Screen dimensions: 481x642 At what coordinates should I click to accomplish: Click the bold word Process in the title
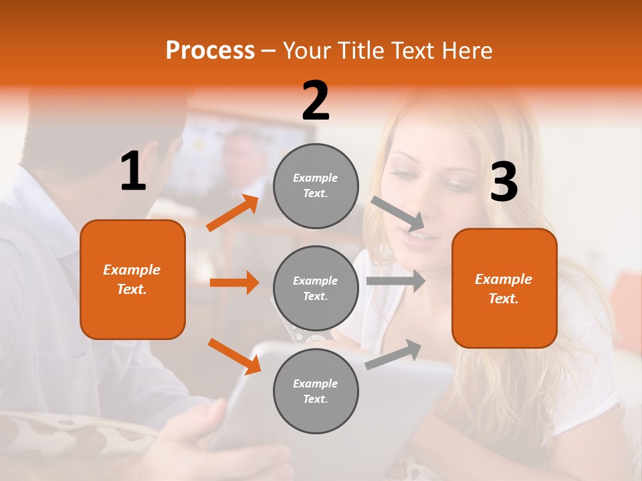[x=210, y=50]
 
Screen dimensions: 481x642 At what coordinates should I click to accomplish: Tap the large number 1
[x=133, y=172]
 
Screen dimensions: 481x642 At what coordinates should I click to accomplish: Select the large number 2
[x=316, y=101]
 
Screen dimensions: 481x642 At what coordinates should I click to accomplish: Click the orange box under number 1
[x=132, y=279]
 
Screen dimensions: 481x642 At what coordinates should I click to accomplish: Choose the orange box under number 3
[x=504, y=288]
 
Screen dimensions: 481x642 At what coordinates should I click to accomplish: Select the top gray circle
[x=316, y=186]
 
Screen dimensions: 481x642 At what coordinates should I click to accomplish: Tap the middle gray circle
[x=316, y=289]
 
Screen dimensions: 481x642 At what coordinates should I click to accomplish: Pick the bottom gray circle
[x=316, y=391]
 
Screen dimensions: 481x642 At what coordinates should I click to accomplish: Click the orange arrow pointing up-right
[x=233, y=213]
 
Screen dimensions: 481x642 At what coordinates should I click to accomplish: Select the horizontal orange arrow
[x=234, y=283]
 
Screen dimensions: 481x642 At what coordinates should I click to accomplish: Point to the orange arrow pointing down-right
[x=234, y=356]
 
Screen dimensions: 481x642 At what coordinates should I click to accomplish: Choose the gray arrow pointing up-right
[x=394, y=355]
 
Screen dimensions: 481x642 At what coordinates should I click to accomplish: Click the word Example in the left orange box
[x=132, y=270]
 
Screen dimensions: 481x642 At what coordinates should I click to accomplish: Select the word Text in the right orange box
[x=503, y=299]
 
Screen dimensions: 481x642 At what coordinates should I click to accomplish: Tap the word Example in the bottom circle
[x=315, y=383]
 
